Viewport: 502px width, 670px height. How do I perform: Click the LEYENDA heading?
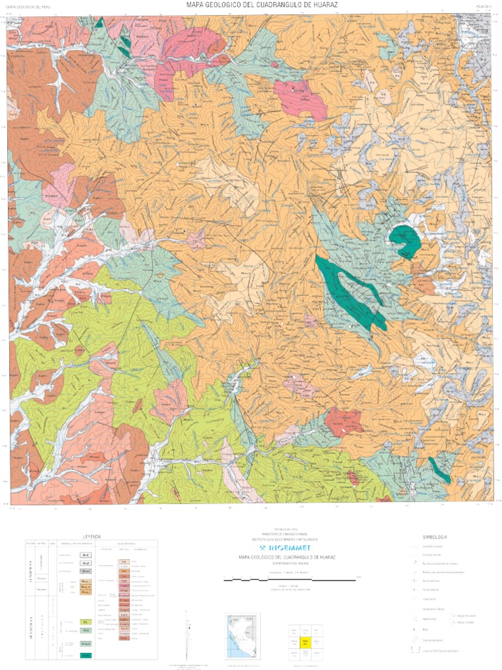click(x=92, y=536)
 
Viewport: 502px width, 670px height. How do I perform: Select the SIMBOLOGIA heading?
click(x=435, y=536)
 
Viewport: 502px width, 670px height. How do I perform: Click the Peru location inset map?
click(x=243, y=635)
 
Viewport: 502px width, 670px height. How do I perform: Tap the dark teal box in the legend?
click(x=86, y=655)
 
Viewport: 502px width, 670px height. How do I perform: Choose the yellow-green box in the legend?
click(x=86, y=622)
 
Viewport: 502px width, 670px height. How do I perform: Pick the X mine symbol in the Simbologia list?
click(x=414, y=628)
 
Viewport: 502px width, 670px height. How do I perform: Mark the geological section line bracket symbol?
click(x=414, y=649)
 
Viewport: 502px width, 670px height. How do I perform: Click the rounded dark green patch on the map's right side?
click(x=405, y=240)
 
